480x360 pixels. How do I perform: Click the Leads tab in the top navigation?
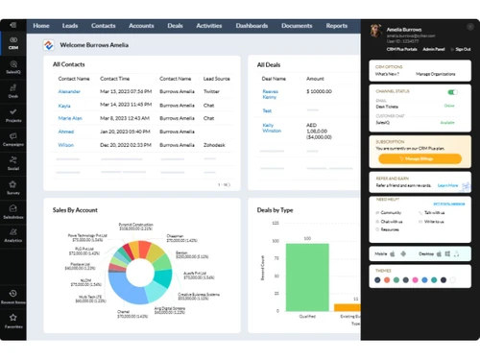[69, 26]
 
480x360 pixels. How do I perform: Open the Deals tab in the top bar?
[173, 26]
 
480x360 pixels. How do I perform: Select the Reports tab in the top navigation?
[336, 26]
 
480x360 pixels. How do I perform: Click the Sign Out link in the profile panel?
[463, 48]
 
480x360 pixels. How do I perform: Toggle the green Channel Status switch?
[452, 92]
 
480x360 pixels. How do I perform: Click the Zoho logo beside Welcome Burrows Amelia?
[48, 44]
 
